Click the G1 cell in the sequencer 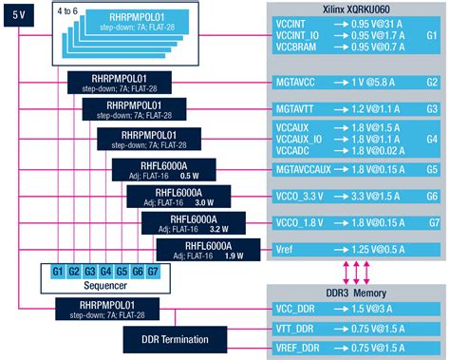pos(59,271)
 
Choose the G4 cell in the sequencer pos(104,271)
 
